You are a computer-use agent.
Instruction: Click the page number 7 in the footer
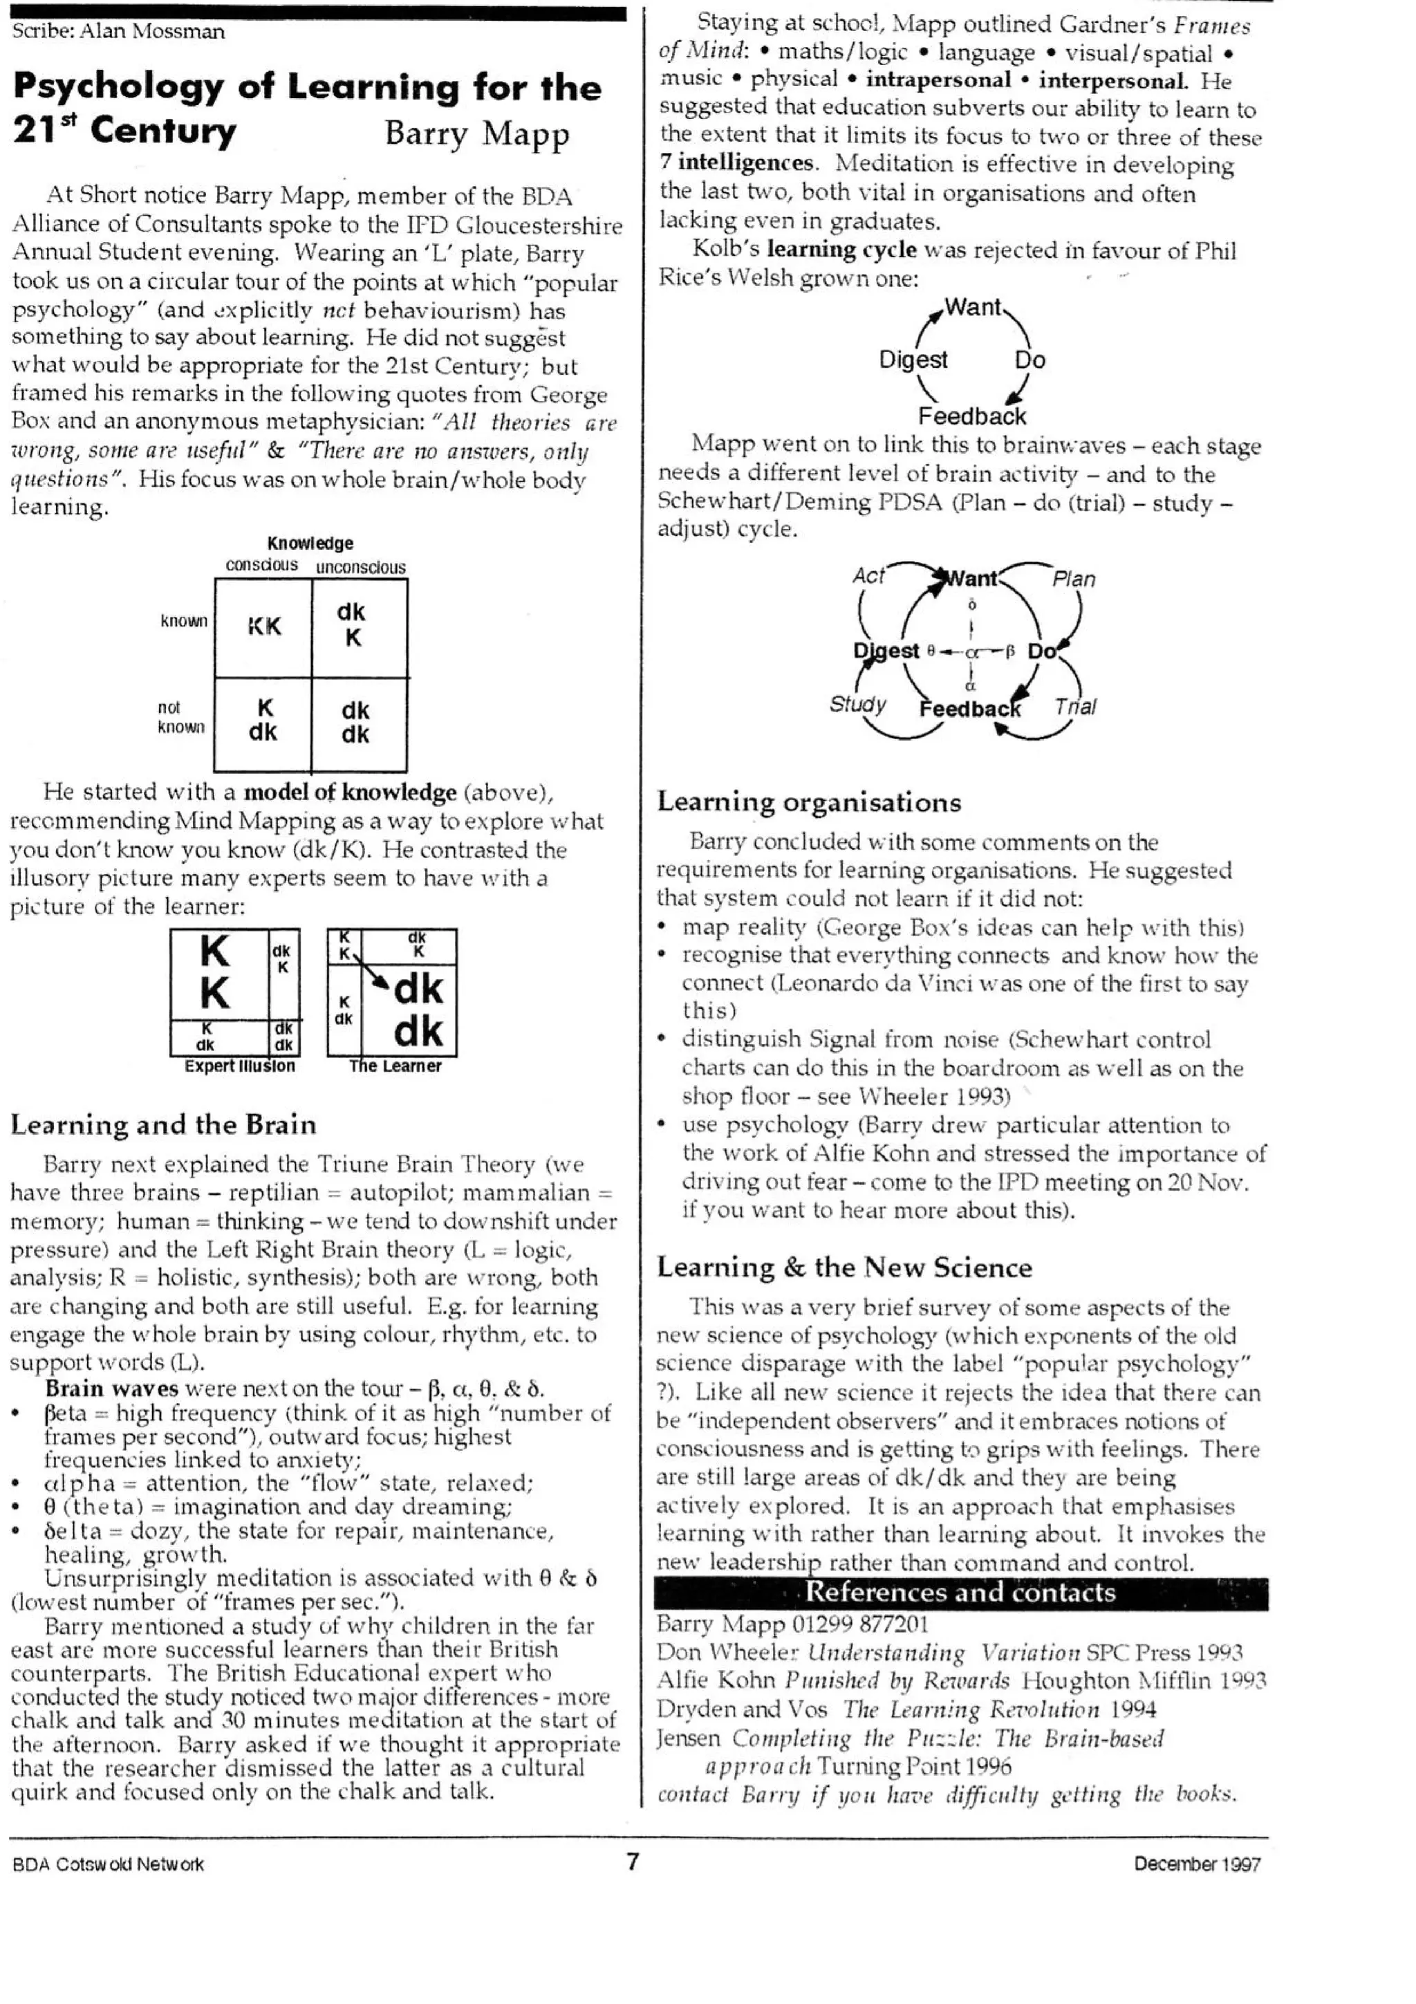[x=633, y=1862]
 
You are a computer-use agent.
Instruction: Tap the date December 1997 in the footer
[x=1197, y=1864]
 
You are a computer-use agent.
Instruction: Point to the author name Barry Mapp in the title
[x=476, y=133]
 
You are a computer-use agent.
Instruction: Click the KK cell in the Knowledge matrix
[x=263, y=627]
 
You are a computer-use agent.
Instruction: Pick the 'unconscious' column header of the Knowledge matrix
[x=360, y=567]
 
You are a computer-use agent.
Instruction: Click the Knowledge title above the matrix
[x=310, y=543]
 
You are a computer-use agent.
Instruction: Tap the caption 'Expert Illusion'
[x=240, y=1066]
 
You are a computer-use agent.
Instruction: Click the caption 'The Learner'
[x=395, y=1066]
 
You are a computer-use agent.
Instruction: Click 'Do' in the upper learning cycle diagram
[x=1030, y=360]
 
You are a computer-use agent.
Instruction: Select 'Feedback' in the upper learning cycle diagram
[x=972, y=416]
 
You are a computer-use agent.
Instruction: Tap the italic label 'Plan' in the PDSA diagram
[x=1073, y=579]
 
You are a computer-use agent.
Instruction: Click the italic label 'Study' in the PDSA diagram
[x=857, y=703]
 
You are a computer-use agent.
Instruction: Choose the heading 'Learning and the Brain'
[x=163, y=1124]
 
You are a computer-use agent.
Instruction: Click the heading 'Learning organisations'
[x=809, y=801]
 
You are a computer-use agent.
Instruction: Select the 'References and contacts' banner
[x=960, y=1592]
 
